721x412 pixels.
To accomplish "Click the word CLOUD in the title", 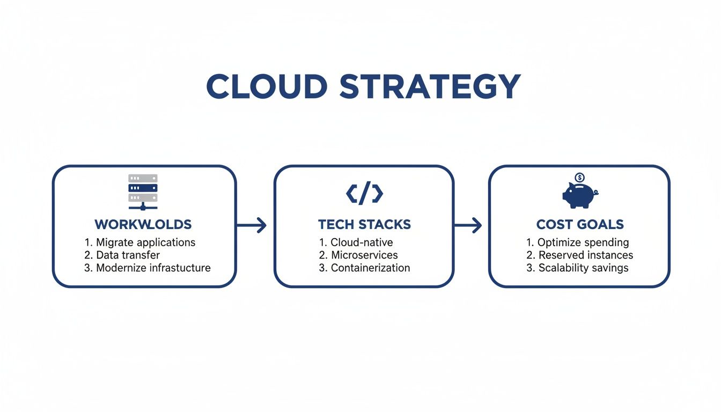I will tap(267, 86).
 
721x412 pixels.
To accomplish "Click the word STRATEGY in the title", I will tap(430, 86).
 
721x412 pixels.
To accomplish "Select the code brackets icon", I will tap(364, 194).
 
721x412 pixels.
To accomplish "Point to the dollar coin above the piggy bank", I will tap(579, 178).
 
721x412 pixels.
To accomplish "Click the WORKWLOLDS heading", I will tap(143, 224).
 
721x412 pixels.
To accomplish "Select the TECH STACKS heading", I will tap(364, 224).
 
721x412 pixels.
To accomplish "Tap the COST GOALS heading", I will tap(580, 224).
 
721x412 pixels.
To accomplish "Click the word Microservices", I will tap(364, 255).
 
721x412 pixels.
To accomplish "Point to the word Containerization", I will tap(370, 268).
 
